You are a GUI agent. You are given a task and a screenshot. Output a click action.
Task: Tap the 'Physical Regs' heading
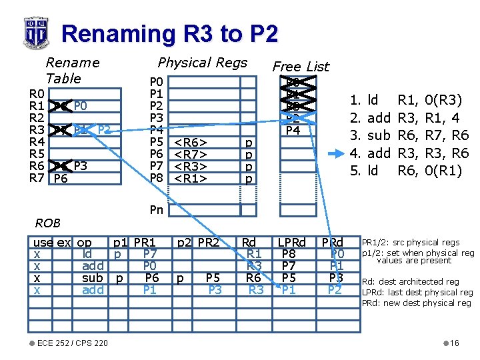pos(202,63)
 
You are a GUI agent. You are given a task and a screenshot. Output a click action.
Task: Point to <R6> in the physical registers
pos(190,142)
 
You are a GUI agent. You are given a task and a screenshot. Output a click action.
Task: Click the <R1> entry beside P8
pos(190,178)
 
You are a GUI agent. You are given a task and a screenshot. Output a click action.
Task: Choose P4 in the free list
pos(293,130)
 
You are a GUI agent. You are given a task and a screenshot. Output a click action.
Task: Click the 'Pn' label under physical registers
pos(156,210)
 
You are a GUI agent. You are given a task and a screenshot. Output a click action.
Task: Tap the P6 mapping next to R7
pos(60,178)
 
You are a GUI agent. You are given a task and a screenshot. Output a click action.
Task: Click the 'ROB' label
pos(48,223)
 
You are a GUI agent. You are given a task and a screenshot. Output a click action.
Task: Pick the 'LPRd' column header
pos(291,242)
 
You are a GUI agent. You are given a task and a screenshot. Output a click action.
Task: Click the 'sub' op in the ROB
pos(92,277)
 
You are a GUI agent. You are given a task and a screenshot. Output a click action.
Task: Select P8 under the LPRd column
pos(289,254)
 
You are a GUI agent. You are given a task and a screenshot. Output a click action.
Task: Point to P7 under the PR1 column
pos(151,254)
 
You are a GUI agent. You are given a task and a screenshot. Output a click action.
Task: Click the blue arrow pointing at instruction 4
pos(335,153)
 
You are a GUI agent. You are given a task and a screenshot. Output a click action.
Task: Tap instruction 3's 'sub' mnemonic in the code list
pos(379,135)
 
